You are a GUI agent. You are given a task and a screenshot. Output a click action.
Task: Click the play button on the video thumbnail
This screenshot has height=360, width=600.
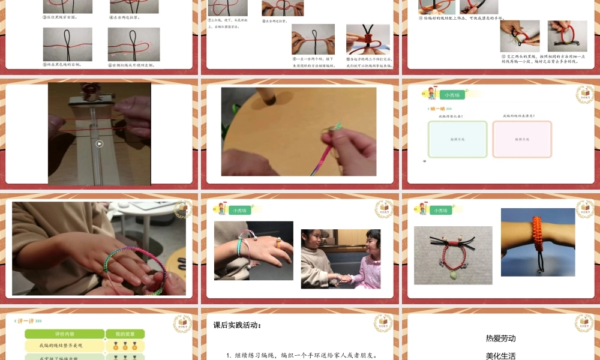pos(100,143)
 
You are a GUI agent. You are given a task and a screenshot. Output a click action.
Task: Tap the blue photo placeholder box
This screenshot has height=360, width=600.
pos(458,139)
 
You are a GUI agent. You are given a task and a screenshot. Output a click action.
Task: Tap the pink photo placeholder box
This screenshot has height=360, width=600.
pos(522,139)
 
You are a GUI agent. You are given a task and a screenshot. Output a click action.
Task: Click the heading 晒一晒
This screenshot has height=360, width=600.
pos(437,109)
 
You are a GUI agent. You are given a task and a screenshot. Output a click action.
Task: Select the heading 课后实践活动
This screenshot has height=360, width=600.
pos(238,325)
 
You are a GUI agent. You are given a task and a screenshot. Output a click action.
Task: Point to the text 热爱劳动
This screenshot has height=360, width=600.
pos(500,338)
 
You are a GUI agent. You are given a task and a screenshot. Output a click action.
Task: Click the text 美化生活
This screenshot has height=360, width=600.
pos(500,355)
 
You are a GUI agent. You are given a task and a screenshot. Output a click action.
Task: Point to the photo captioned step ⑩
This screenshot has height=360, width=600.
pos(368,39)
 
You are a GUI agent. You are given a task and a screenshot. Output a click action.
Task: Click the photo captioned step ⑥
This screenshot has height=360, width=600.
pos(134,44)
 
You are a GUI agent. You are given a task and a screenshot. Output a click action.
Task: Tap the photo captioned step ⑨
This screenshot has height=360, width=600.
pos(313,39)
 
